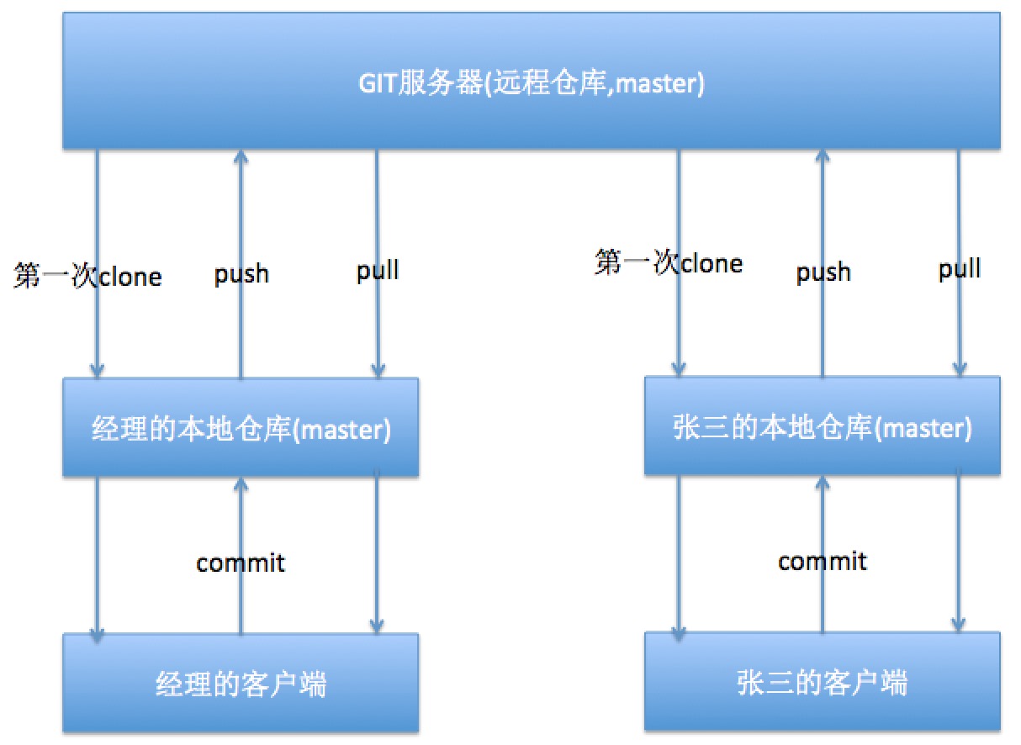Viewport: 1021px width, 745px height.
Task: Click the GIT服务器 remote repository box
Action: (532, 82)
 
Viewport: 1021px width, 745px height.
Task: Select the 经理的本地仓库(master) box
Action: (241, 428)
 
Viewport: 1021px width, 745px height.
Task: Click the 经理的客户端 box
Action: (241, 684)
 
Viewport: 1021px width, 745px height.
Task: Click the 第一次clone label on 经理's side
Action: (87, 276)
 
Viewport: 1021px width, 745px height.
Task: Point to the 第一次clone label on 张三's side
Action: (669, 262)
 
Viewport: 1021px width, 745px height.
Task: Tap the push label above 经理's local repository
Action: (241, 273)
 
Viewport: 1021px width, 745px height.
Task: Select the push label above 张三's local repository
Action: (823, 272)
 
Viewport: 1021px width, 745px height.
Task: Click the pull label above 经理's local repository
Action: (378, 270)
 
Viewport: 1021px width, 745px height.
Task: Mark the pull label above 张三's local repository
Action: (960, 269)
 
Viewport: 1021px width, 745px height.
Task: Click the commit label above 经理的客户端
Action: (241, 562)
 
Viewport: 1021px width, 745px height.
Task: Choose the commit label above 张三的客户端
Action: (823, 560)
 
